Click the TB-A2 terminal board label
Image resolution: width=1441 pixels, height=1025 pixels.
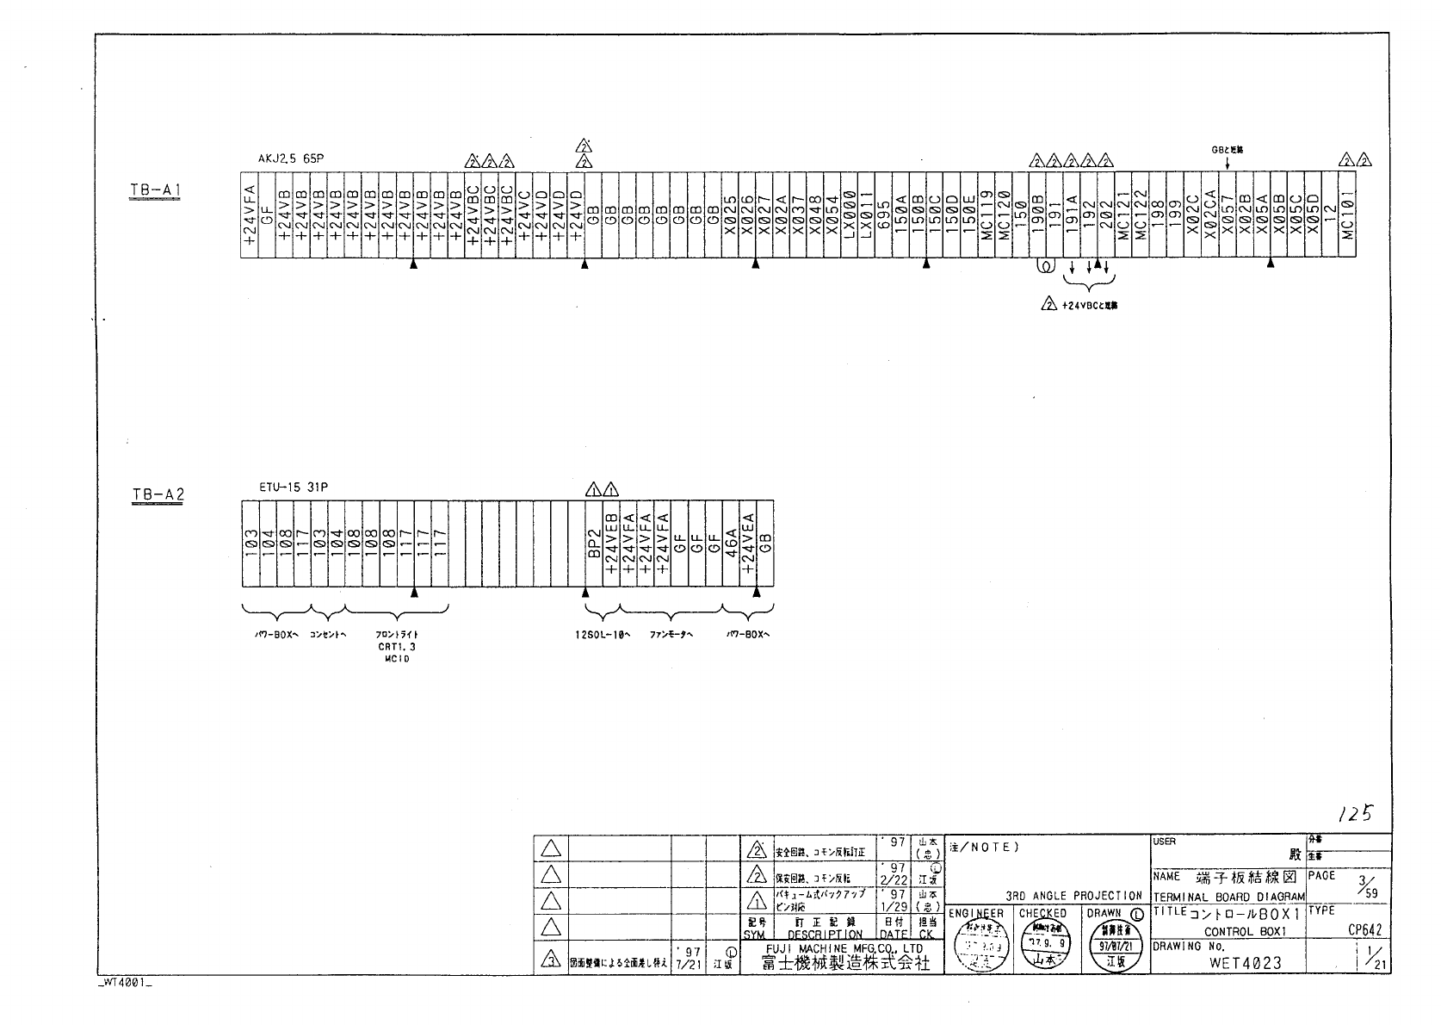coord(158,494)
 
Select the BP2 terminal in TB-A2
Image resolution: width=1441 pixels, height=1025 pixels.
coord(593,544)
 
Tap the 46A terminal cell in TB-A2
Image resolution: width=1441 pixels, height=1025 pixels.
coord(730,544)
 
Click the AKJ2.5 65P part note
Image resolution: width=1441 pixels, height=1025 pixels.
coord(291,159)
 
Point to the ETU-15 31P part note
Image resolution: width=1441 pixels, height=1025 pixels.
coord(293,487)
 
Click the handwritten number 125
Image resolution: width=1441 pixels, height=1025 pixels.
coord(1355,813)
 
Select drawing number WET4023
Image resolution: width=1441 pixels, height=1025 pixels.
coord(1246,963)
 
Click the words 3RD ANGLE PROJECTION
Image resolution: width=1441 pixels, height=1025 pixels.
coord(1073,896)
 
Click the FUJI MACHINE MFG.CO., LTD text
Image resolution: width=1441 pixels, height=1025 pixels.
coord(844,948)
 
